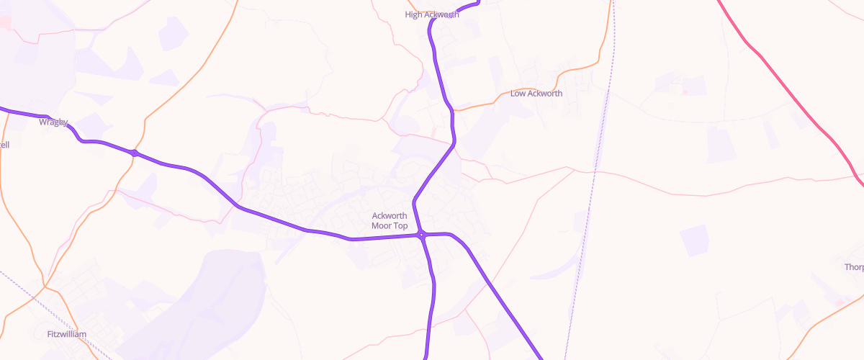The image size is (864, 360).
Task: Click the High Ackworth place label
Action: click(432, 14)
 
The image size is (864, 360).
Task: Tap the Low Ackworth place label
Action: click(536, 94)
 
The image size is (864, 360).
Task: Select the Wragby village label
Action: click(53, 122)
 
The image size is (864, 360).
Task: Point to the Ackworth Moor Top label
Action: click(390, 220)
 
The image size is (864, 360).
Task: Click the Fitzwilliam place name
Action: click(66, 335)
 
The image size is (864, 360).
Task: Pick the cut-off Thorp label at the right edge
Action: click(854, 267)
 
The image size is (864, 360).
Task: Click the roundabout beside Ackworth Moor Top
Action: click(421, 235)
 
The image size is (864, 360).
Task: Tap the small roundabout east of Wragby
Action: click(134, 153)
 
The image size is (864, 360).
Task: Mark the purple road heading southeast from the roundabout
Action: click(504, 302)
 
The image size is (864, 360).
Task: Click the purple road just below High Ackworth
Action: click(436, 58)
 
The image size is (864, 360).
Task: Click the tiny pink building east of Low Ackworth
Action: click(685, 91)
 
